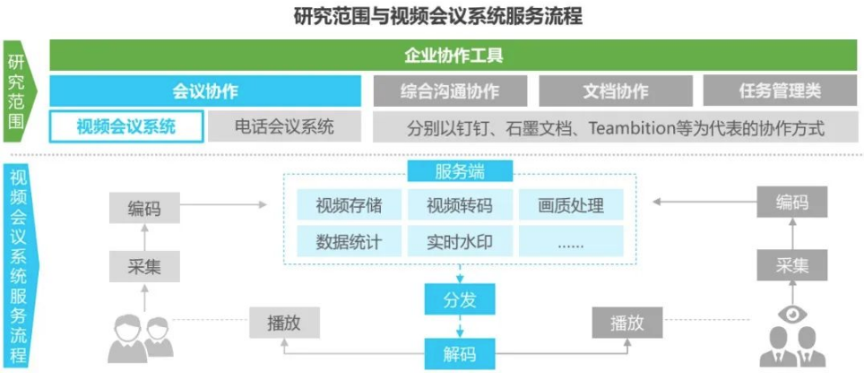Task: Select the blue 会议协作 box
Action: pyautogui.click(x=205, y=91)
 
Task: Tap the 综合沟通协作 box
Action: pyautogui.click(x=450, y=91)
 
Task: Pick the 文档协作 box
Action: pyautogui.click(x=615, y=91)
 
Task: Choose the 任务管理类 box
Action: pyautogui.click(x=779, y=91)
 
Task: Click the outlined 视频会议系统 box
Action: pyautogui.click(x=126, y=126)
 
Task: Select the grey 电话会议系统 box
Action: pyautogui.click(x=284, y=126)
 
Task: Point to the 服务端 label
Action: pyautogui.click(x=460, y=171)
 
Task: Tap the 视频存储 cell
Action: pyautogui.click(x=349, y=205)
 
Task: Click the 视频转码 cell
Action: pyautogui.click(x=460, y=205)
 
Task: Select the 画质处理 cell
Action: pyautogui.click(x=571, y=205)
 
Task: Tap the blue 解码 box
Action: pyautogui.click(x=460, y=353)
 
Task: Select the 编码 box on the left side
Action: pyautogui.click(x=144, y=209)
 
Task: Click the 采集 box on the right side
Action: pyautogui.click(x=792, y=265)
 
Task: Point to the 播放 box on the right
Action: pyautogui.click(x=626, y=323)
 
